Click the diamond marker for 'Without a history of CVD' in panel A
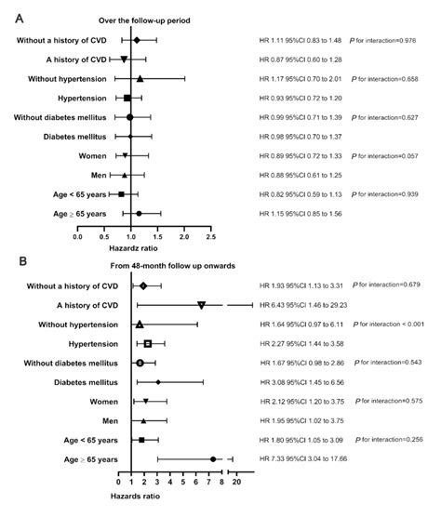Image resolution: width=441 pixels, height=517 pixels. pyautogui.click(x=137, y=40)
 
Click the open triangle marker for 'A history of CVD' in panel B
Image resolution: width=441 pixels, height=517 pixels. pyautogui.click(x=202, y=305)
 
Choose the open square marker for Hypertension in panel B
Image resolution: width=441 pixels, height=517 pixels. pyautogui.click(x=148, y=343)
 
